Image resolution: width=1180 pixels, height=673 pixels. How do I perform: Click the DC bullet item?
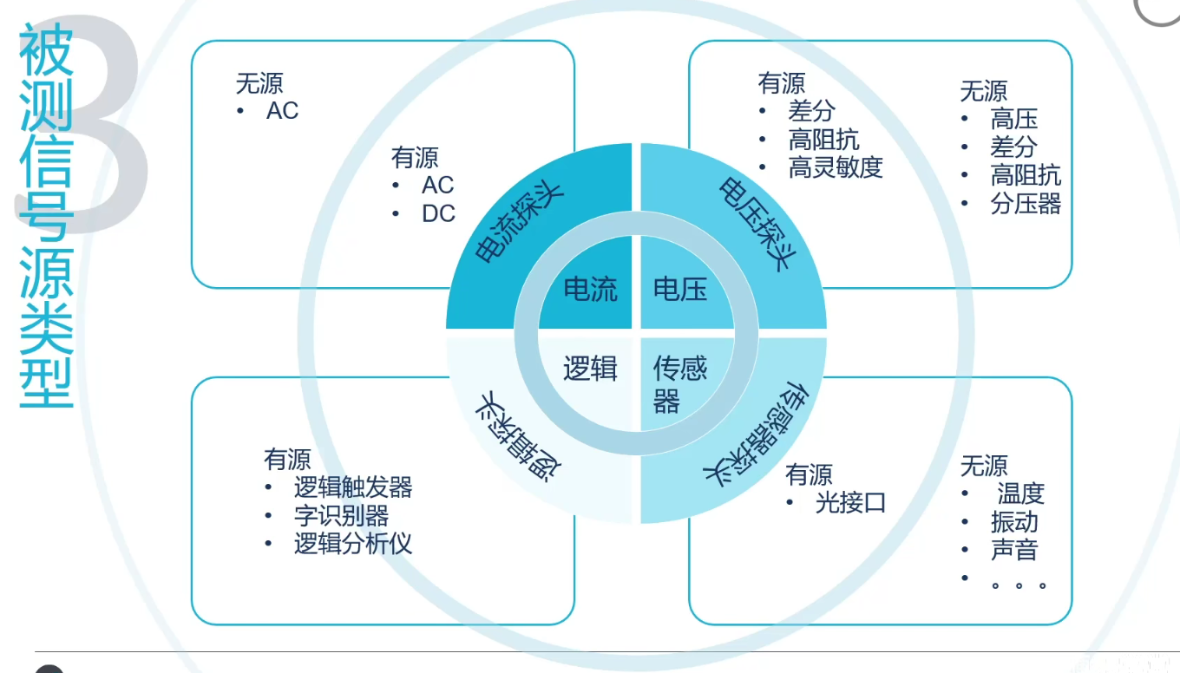click(438, 213)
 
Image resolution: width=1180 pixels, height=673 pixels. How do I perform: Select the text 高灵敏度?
click(835, 167)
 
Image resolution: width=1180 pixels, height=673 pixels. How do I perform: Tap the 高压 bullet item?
click(1013, 119)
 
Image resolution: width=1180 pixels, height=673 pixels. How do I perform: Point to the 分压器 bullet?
click(1026, 204)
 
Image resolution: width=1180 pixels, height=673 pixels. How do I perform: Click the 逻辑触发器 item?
click(353, 487)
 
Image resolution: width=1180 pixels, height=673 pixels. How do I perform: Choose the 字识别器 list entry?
click(341, 516)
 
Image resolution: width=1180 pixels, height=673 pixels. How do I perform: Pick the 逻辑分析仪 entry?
click(353, 544)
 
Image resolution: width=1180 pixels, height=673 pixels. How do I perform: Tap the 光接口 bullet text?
click(850, 502)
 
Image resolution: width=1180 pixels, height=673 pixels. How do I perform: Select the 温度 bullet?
click(1020, 493)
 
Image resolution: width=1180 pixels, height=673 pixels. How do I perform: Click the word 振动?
click(1013, 522)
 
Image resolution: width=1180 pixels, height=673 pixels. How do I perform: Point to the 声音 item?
click(1013, 550)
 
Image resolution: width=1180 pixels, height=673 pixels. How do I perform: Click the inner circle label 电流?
click(590, 289)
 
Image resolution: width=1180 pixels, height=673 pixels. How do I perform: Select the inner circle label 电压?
click(680, 289)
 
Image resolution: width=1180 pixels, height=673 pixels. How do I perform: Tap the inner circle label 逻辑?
click(590, 369)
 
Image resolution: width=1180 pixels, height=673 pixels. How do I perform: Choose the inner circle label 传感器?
click(678, 385)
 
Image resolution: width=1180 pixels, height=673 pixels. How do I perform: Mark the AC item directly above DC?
click(437, 185)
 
